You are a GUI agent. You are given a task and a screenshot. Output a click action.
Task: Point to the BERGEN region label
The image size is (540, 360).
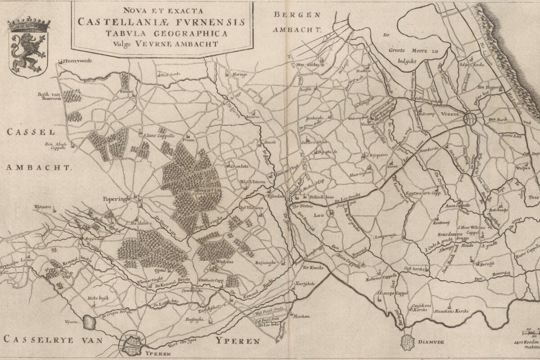[297, 14]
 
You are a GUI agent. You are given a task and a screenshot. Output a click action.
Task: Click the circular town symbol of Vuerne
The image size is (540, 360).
[470, 119]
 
